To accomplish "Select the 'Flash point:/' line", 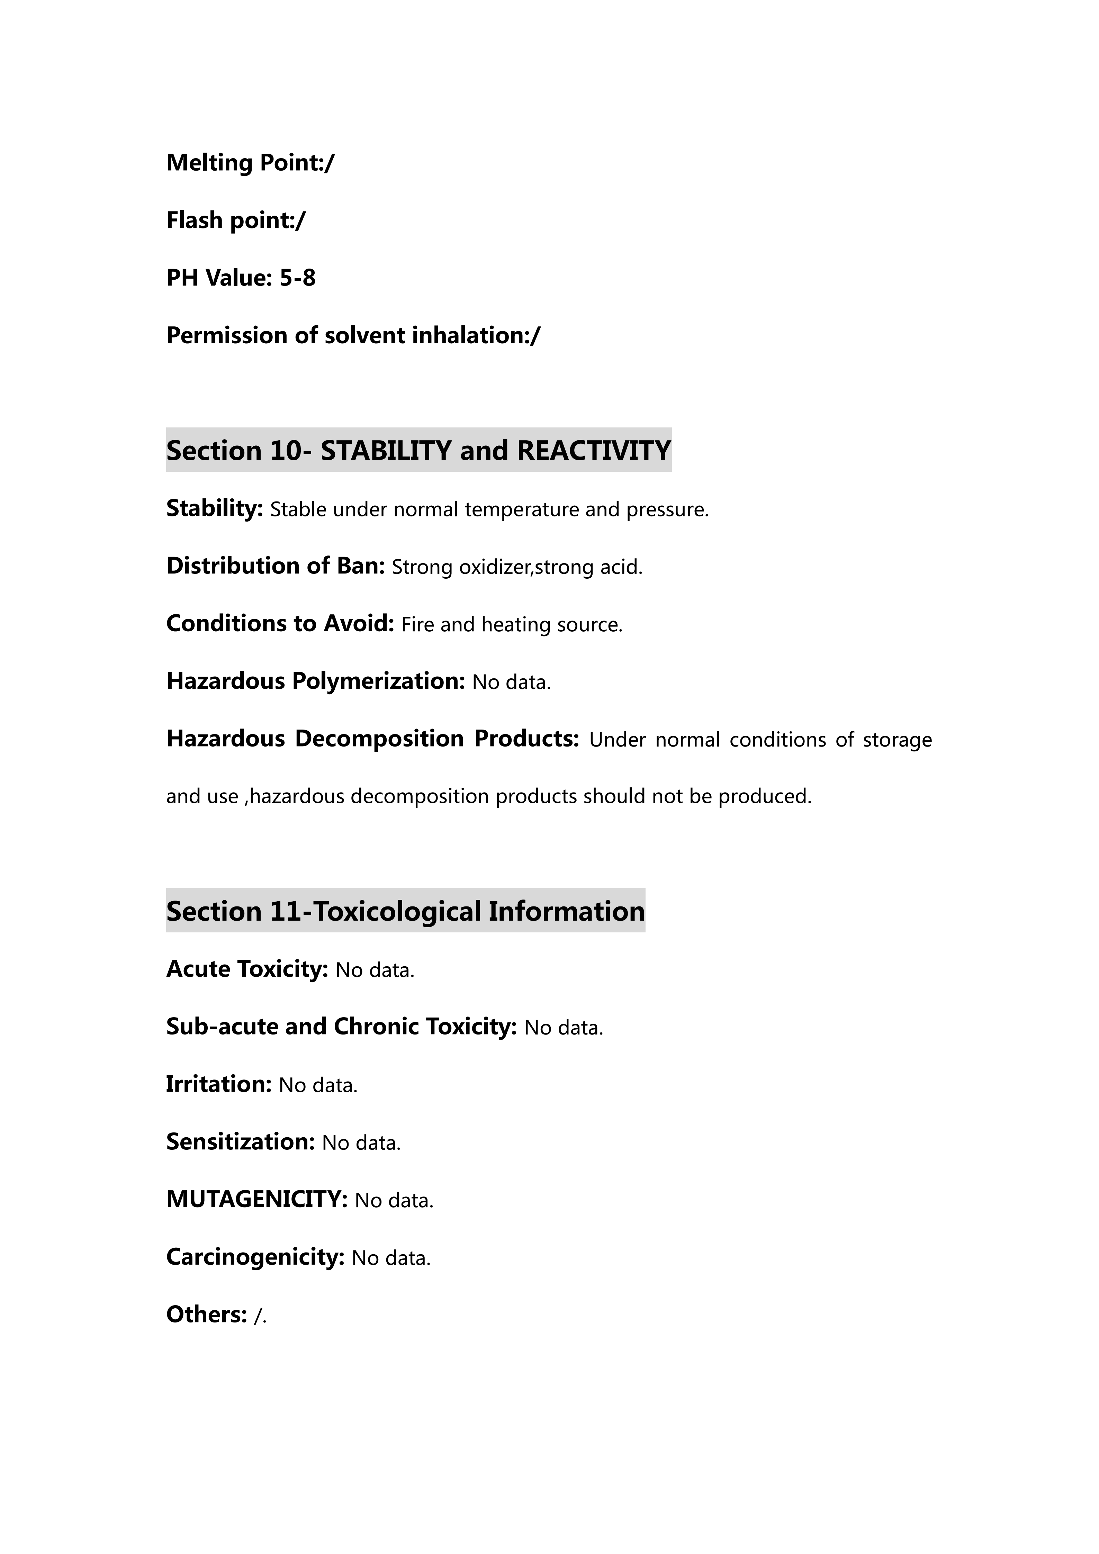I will (x=235, y=221).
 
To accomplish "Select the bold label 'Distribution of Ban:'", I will (x=276, y=566).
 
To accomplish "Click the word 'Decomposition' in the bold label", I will (x=379, y=739).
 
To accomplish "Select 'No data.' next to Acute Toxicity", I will (x=375, y=970).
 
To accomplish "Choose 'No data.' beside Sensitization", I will (x=361, y=1143).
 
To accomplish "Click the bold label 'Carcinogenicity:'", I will (x=255, y=1257).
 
